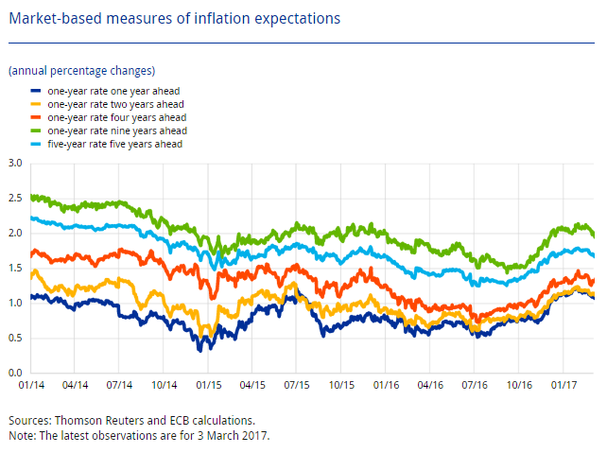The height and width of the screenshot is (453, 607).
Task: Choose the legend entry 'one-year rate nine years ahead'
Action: pyautogui.click(x=113, y=131)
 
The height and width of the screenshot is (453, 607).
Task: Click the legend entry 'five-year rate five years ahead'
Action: pyautogui.click(x=113, y=144)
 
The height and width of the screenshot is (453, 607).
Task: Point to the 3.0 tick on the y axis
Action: pyautogui.click(x=16, y=163)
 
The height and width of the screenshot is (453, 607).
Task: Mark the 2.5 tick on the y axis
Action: pyautogui.click(x=16, y=198)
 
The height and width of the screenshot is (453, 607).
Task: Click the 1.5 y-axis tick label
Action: pyautogui.click(x=16, y=268)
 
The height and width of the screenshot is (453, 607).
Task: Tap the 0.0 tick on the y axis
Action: pyautogui.click(x=16, y=373)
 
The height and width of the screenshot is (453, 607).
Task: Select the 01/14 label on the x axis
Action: pyautogui.click(x=31, y=386)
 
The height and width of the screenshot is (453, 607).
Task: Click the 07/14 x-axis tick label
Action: pyautogui.click(x=120, y=386)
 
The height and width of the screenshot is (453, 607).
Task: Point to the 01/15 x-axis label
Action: pyautogui.click(x=208, y=386)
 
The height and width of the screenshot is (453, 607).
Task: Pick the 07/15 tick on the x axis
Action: pyautogui.click(x=296, y=386)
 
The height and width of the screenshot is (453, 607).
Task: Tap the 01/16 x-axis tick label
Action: pyautogui.click(x=385, y=386)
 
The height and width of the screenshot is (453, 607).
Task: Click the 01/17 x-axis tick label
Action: pyautogui.click(x=563, y=386)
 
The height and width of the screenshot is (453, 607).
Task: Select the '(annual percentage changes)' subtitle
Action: pyautogui.click(x=81, y=71)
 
